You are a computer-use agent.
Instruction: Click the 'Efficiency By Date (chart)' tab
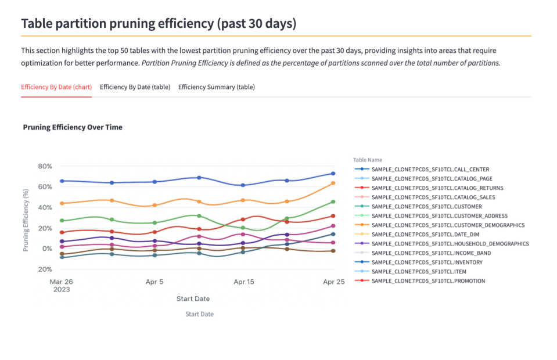point(56,87)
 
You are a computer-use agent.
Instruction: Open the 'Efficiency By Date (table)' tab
point(135,87)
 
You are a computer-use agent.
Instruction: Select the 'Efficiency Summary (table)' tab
point(216,87)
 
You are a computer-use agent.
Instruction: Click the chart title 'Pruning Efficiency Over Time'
point(73,127)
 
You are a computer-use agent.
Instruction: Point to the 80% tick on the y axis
point(45,166)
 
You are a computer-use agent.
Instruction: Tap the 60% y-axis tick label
point(45,186)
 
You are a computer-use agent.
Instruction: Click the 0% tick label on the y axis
point(46,249)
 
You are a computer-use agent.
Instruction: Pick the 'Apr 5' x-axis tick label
point(154,282)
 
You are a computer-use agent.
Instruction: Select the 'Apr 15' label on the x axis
point(243,282)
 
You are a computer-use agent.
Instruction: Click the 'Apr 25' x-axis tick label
point(332,282)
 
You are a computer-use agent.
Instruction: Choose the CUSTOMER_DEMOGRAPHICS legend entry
point(448,225)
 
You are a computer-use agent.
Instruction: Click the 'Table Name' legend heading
point(368,160)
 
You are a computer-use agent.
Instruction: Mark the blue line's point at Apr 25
point(333,174)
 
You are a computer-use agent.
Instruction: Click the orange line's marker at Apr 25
point(333,183)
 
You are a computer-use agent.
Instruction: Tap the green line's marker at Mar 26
point(62,221)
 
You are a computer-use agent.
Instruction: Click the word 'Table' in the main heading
point(38,24)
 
